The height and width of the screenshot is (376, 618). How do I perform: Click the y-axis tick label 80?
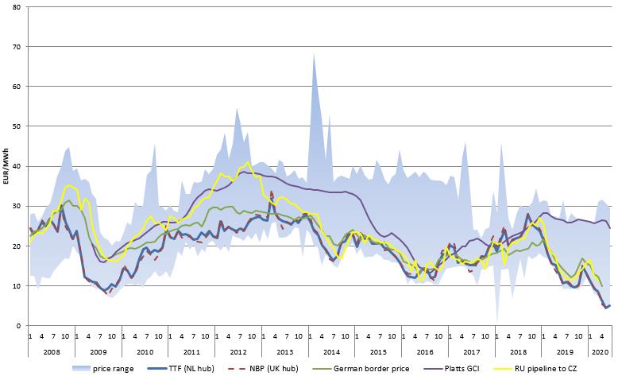tap(17, 7)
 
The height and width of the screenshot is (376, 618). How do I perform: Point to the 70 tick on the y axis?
tap(17, 47)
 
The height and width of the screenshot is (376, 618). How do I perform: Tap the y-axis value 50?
tap(17, 126)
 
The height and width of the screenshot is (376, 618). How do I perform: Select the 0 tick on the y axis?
tap(20, 326)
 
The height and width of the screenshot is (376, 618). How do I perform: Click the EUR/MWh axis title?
tap(6, 166)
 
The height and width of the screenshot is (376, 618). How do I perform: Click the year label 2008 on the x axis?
tap(51, 351)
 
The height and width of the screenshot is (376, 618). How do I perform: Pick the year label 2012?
tap(238, 351)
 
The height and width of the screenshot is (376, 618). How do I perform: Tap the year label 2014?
tap(331, 351)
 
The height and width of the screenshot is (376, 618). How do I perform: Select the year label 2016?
tap(425, 351)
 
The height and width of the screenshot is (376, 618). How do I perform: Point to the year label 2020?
tap(600, 351)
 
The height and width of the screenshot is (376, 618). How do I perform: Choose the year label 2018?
tap(518, 351)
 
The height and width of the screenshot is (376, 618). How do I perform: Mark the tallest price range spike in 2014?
tap(314, 53)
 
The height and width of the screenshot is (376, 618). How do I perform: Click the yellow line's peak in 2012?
tap(248, 162)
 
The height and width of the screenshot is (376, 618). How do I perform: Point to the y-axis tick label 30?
tap(17, 206)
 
